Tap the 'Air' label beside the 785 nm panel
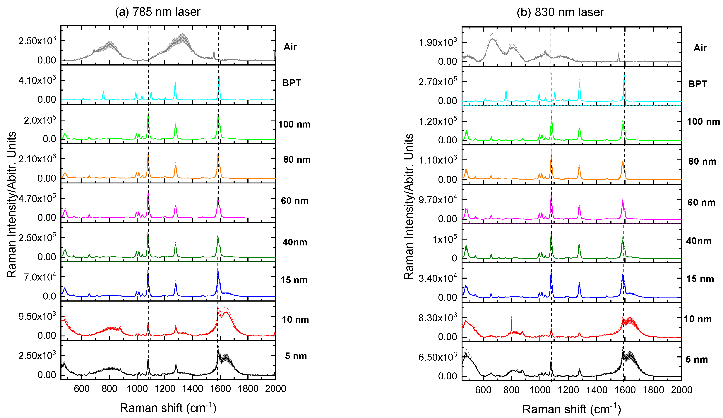(x=290, y=47)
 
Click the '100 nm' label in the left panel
(x=294, y=124)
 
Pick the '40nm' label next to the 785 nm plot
(x=295, y=242)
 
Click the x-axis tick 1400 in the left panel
(x=193, y=389)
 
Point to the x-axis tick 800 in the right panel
(x=511, y=390)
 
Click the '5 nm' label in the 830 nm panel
(x=697, y=359)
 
